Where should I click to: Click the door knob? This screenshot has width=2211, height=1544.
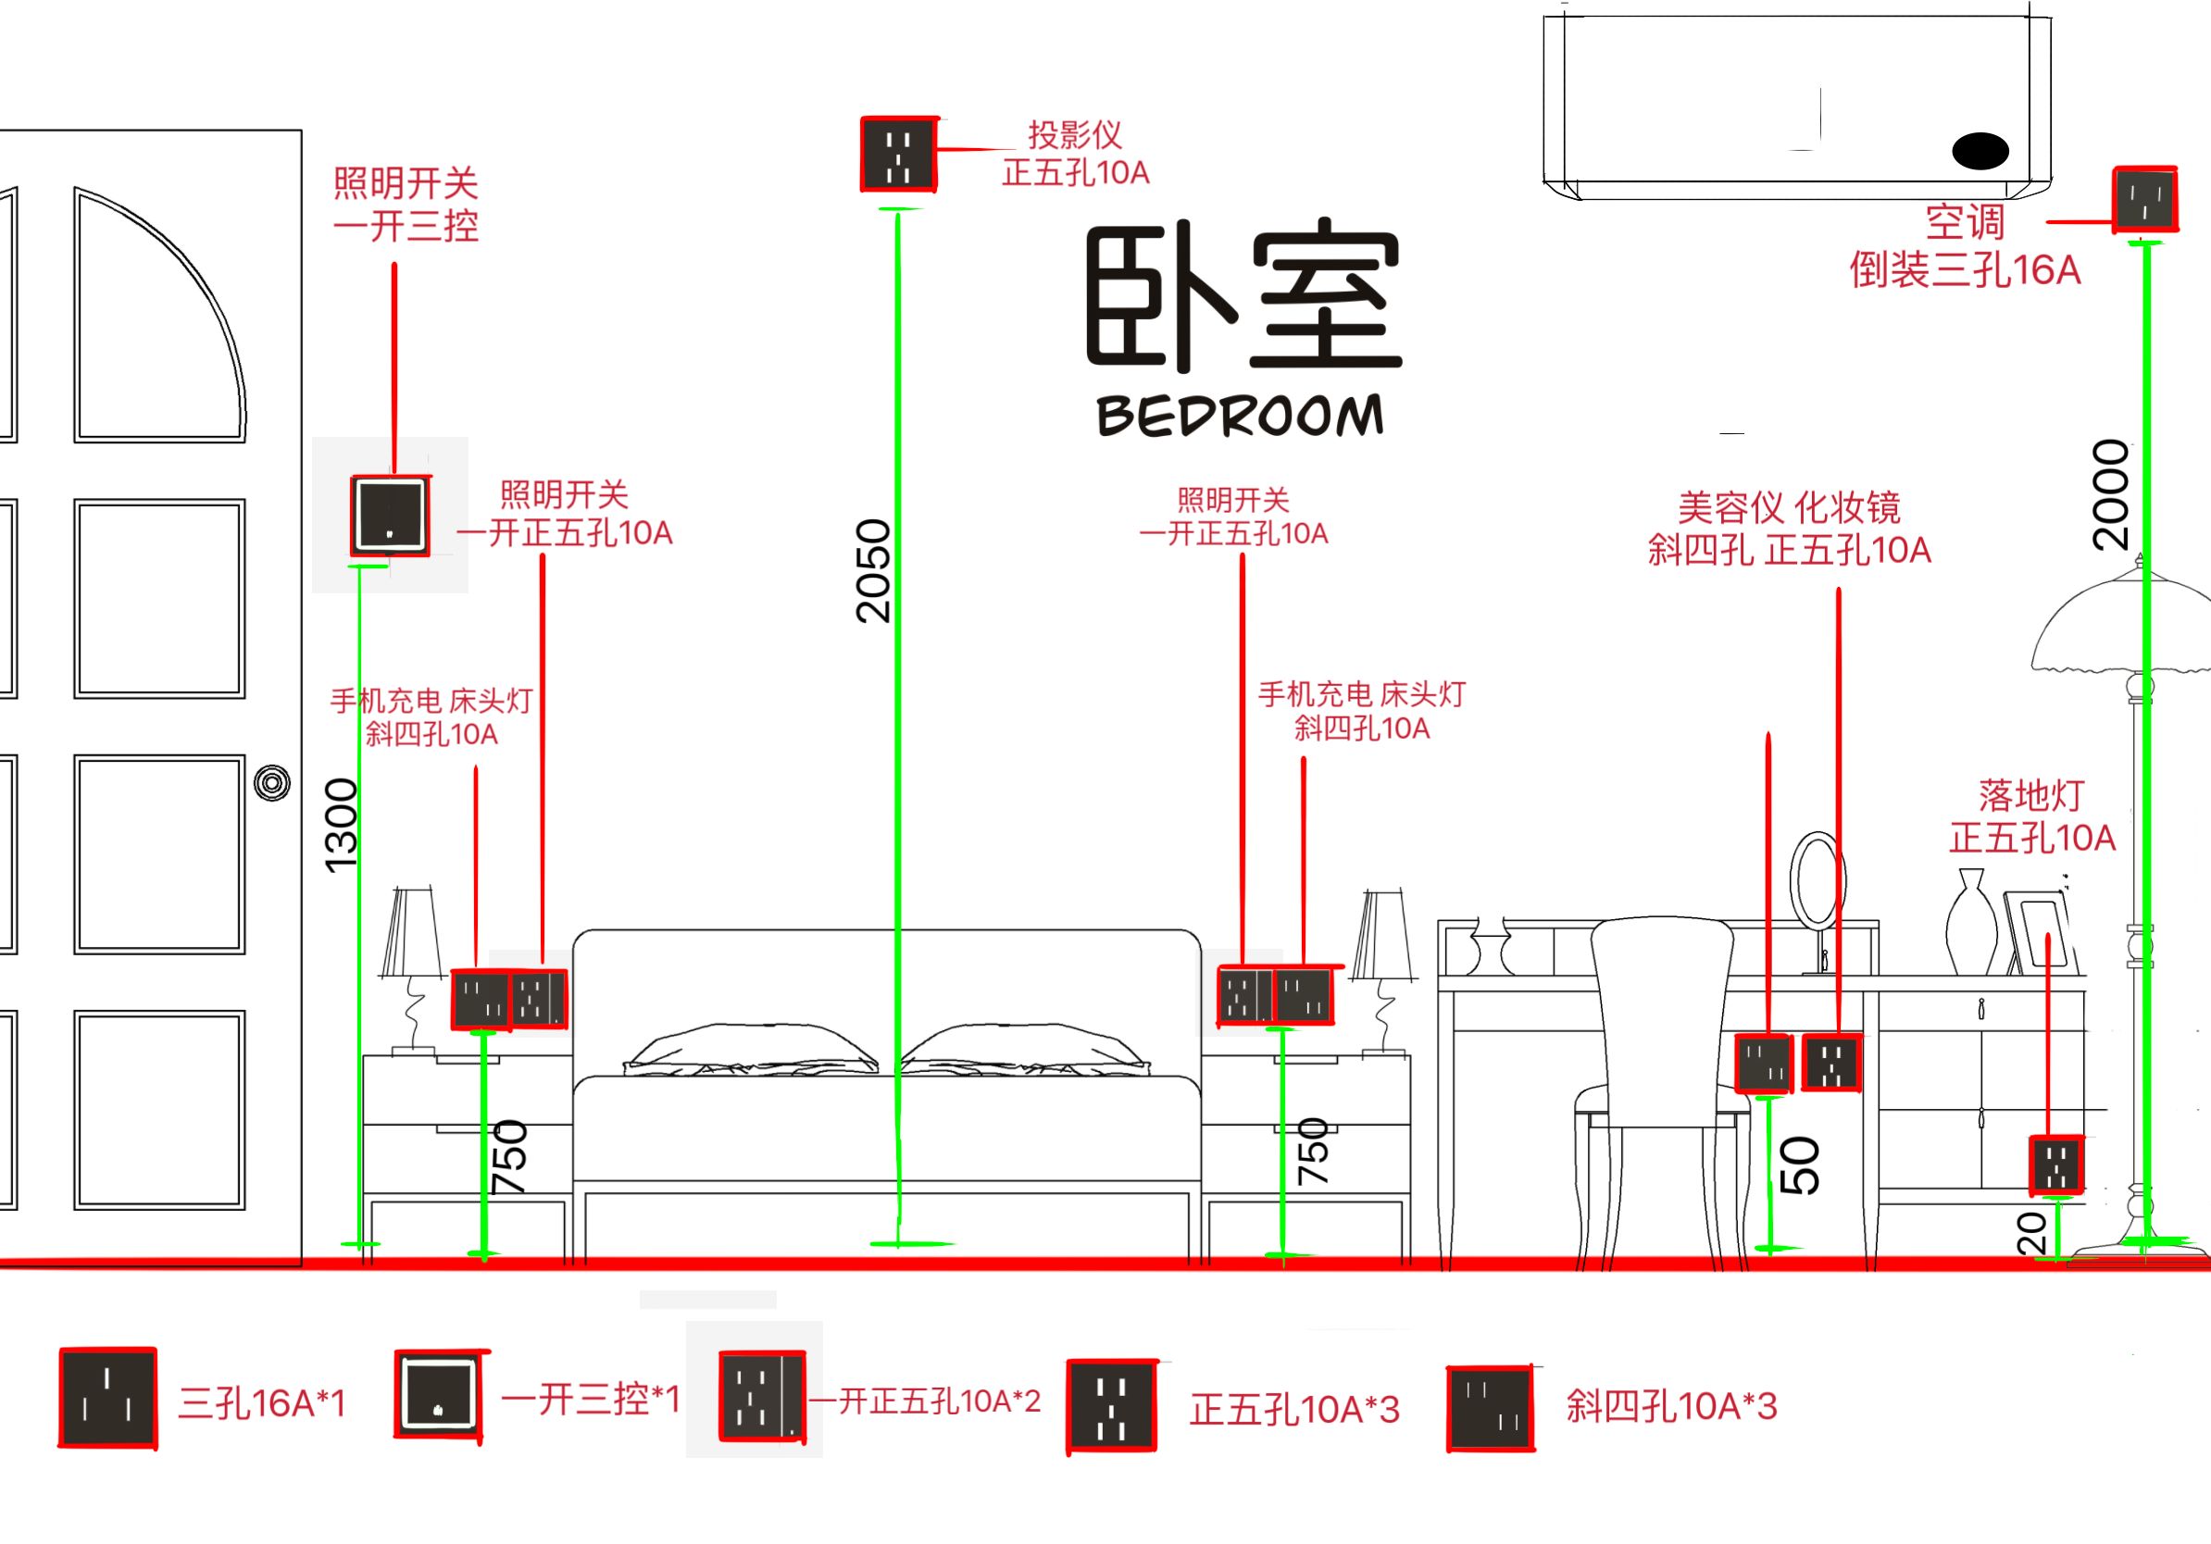tap(272, 782)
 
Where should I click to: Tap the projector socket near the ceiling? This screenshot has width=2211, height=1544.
tap(898, 154)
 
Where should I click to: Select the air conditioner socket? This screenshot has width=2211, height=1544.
tap(2144, 199)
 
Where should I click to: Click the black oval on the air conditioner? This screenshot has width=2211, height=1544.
tap(1980, 151)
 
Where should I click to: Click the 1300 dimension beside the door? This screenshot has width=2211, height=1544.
tap(342, 825)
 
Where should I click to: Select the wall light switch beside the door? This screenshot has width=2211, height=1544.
tap(389, 515)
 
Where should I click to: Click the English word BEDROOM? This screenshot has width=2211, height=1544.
tap(1241, 416)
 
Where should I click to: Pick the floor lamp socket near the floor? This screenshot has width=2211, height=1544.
tap(2056, 1164)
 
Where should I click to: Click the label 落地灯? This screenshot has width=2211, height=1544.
tap(2031, 795)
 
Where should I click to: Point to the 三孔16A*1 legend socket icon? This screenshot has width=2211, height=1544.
tap(107, 1399)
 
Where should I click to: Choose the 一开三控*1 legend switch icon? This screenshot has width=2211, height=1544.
tap(438, 1395)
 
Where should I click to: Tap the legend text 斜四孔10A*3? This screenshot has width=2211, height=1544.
tap(1671, 1406)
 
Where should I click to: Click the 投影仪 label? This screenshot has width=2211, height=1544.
tap(1075, 135)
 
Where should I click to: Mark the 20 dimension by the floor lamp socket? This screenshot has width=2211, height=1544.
tap(2030, 1232)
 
